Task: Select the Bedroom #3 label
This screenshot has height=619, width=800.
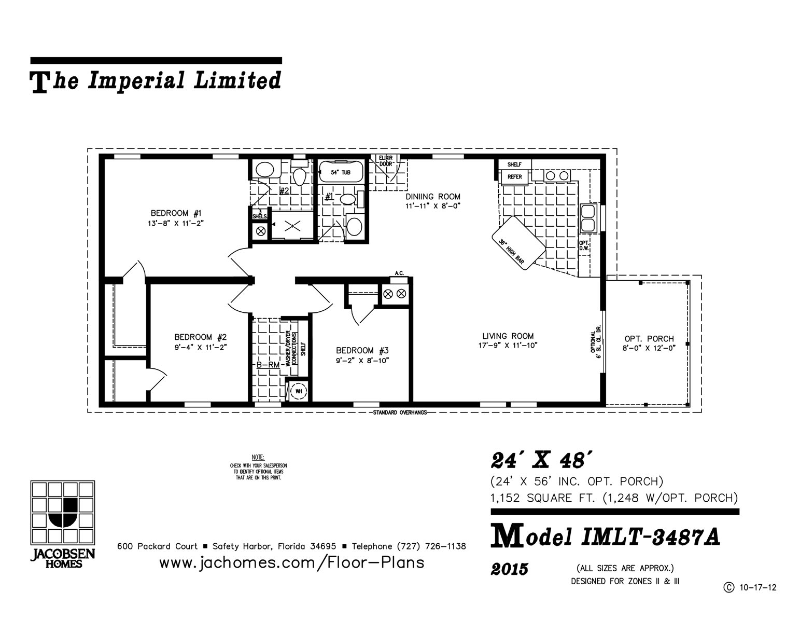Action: point(362,350)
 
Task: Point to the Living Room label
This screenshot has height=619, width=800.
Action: point(508,336)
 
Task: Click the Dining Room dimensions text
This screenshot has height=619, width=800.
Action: point(433,206)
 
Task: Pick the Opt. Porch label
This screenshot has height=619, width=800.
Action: point(649,339)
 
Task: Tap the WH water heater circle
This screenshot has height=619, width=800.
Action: point(299,391)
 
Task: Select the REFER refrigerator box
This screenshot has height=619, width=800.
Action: point(514,177)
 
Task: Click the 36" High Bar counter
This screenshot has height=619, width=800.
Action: point(518,243)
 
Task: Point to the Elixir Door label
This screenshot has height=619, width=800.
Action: point(385,160)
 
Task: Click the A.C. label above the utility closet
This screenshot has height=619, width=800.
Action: point(399,273)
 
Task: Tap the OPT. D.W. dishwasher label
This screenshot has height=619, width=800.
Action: point(583,245)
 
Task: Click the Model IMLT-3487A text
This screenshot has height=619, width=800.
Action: point(605,537)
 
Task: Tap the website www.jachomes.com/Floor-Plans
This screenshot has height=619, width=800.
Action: point(291,562)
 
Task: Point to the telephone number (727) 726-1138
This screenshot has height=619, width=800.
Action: point(431,546)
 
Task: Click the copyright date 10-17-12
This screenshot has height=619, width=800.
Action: point(757,588)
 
